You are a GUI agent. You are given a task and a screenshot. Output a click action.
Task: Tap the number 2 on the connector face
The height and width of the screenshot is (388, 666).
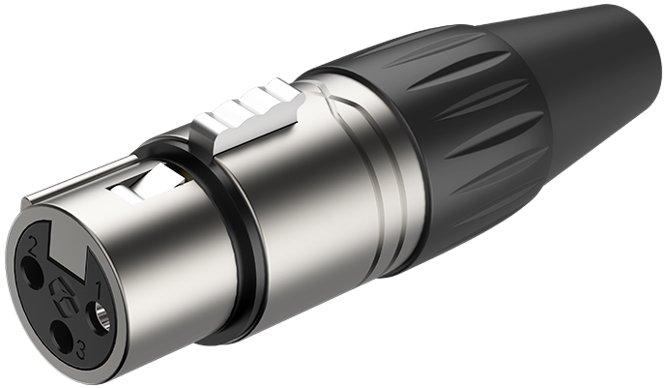coord(32,245)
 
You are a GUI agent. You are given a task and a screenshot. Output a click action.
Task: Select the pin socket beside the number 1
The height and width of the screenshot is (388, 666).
coord(99,316)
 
